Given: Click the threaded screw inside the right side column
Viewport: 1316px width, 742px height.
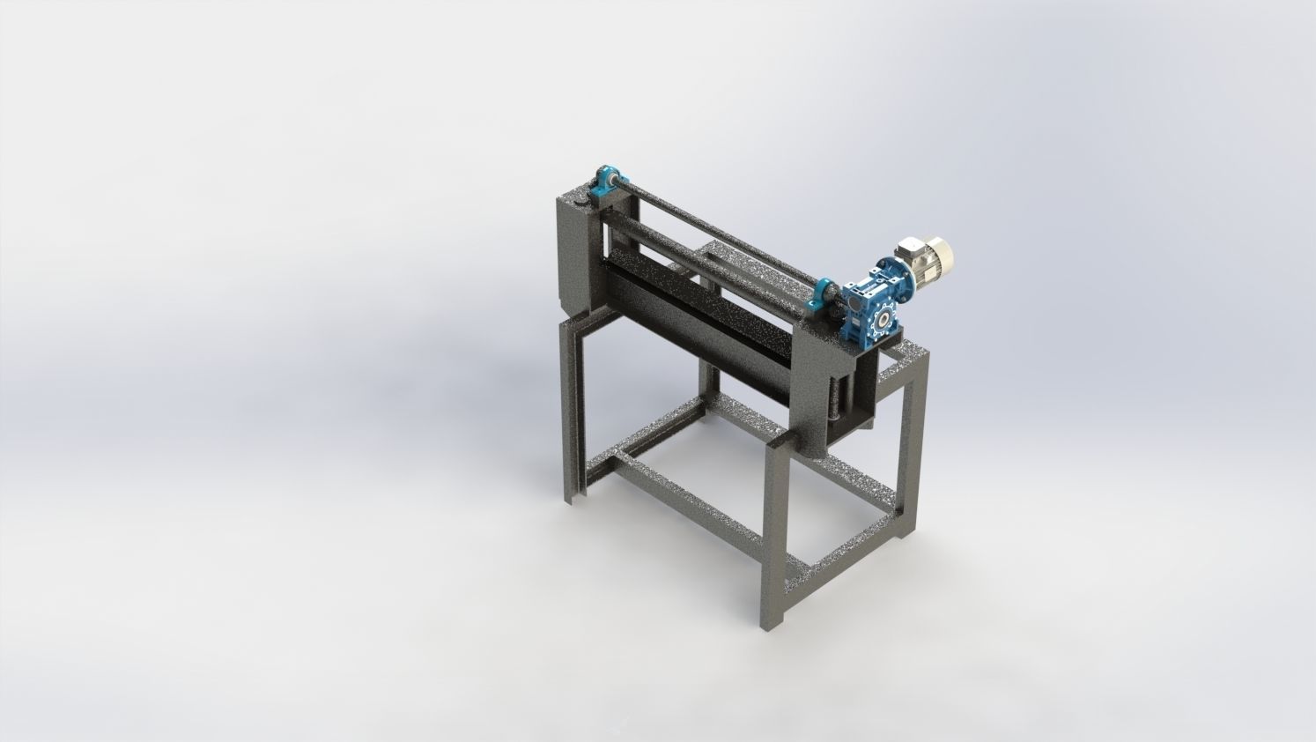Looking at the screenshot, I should [x=832, y=397].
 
